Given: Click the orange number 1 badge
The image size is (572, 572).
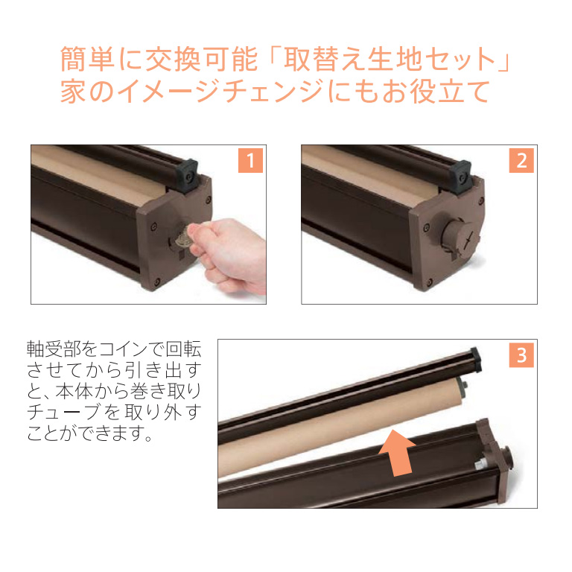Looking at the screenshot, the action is coord(250,160).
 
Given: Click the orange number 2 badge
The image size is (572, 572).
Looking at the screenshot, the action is coord(521,160).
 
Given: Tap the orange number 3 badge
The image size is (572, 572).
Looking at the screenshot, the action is coord(521,355).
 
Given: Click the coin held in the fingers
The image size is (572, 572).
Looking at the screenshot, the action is coord(182,236).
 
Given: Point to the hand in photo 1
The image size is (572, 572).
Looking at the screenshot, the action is coord(229,255).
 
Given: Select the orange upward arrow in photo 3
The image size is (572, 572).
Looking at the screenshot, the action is coord(397,452).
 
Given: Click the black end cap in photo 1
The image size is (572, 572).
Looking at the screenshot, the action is coord(187,176).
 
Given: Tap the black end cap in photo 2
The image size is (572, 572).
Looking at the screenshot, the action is coord(460,177).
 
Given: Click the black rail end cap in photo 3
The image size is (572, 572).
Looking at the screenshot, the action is coord(475,359).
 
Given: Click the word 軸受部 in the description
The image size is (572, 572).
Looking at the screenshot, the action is coord(54,349).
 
